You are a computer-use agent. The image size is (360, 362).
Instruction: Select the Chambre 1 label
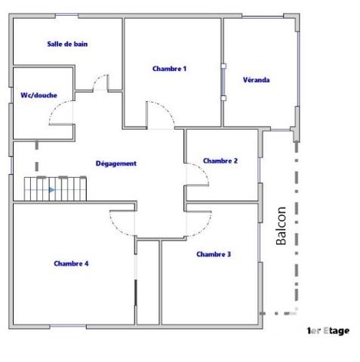(169, 69)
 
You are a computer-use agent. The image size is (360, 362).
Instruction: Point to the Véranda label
(257, 79)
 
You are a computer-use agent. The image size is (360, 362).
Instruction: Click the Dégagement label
(116, 164)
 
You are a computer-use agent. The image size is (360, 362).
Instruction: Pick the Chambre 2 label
(220, 161)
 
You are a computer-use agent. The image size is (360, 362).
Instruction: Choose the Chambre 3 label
(214, 254)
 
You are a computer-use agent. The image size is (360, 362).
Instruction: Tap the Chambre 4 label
(72, 263)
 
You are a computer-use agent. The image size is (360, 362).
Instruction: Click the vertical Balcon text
(282, 230)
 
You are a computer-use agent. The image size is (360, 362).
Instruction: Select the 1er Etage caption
(328, 330)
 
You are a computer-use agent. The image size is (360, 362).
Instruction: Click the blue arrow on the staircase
(51, 190)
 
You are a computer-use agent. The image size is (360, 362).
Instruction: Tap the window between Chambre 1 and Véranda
(223, 82)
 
